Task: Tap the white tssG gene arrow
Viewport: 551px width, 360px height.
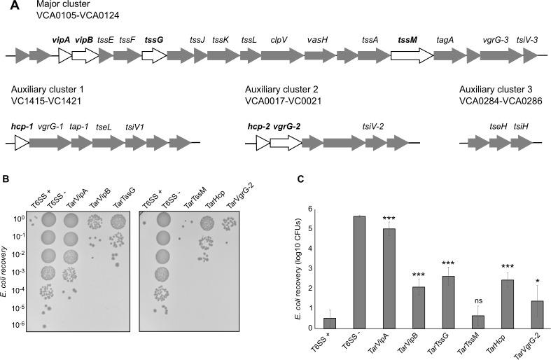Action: pos(153,55)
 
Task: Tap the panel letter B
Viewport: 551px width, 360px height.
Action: pos(6,179)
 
